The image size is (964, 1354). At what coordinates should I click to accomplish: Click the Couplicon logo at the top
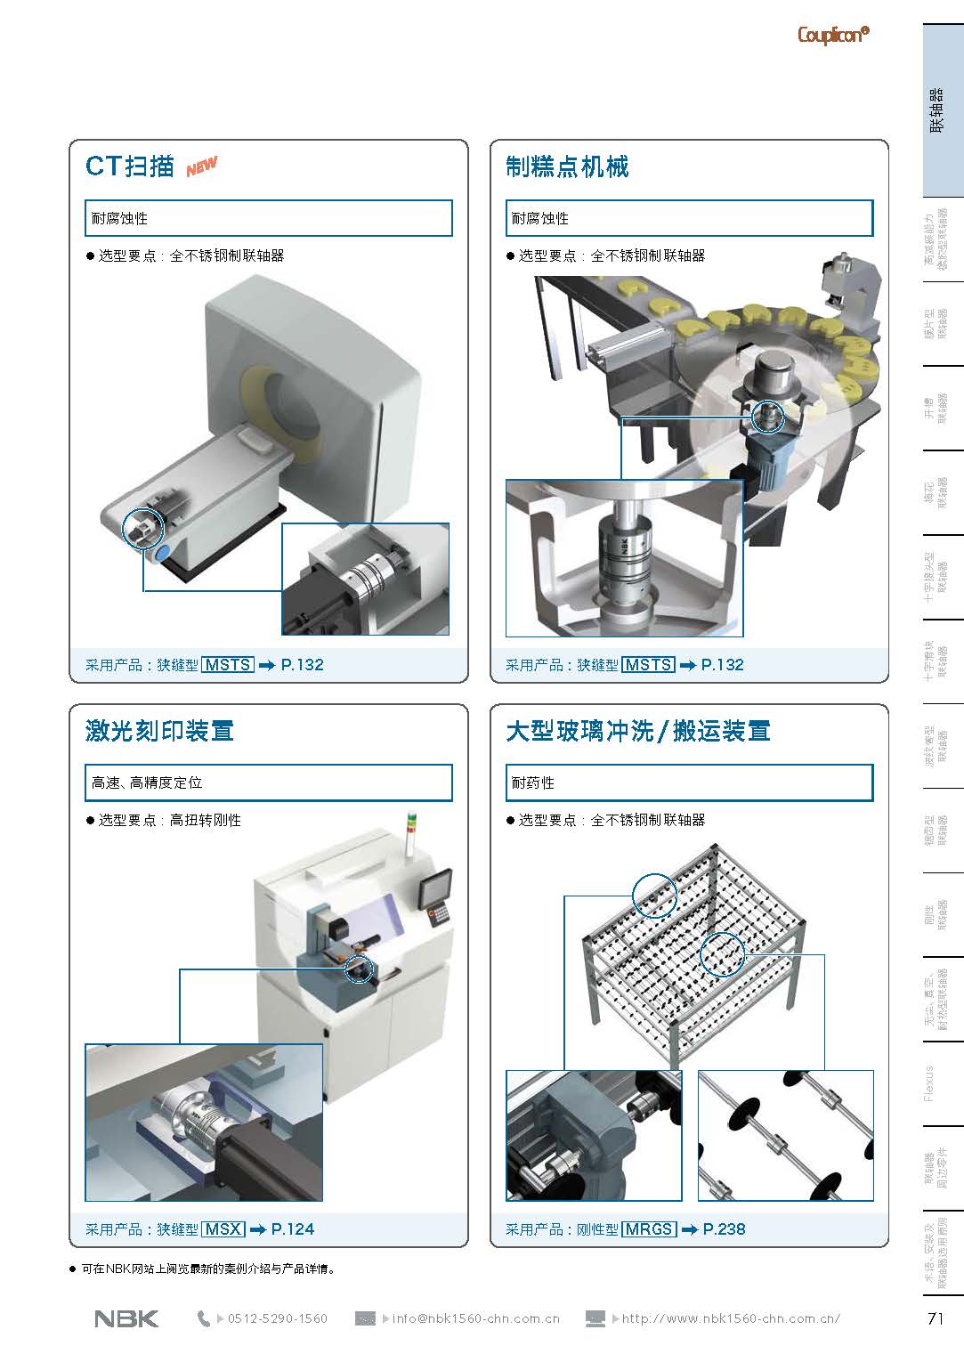click(x=832, y=35)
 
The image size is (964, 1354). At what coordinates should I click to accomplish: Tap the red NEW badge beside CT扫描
click(x=202, y=166)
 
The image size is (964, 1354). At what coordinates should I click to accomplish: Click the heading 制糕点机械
click(x=567, y=167)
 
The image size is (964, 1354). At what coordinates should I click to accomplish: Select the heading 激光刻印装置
click(x=159, y=732)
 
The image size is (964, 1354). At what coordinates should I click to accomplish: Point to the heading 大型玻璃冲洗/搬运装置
click(x=637, y=732)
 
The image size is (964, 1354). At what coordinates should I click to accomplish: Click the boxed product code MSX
click(x=223, y=1229)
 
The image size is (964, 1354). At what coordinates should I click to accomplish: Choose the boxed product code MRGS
click(x=649, y=1229)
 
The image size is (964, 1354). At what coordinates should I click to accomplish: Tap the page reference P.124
click(x=293, y=1229)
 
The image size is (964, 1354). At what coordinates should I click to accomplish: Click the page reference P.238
click(x=724, y=1229)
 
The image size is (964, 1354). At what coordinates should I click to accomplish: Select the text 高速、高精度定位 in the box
click(x=147, y=782)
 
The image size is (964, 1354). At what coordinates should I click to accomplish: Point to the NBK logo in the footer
click(x=126, y=1318)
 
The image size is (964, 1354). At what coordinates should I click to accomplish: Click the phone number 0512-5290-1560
click(x=278, y=1318)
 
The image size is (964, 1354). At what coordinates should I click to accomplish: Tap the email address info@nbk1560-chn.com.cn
click(x=475, y=1318)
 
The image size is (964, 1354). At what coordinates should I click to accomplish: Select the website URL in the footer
click(x=731, y=1318)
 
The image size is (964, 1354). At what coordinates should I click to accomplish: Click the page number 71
click(x=935, y=1319)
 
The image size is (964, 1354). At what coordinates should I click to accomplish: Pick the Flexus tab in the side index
click(x=930, y=1082)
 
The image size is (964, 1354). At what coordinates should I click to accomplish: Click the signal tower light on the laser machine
click(x=410, y=830)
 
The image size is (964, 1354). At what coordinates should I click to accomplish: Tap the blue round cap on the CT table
click(x=163, y=554)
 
